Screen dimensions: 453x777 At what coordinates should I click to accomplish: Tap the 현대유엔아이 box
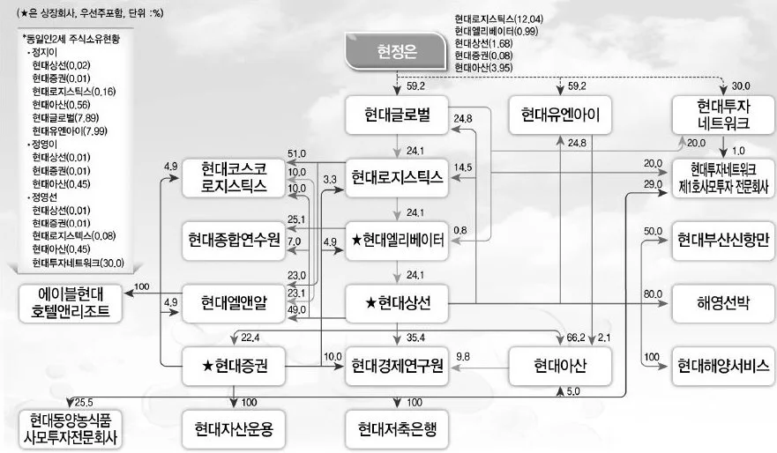[x=560, y=115]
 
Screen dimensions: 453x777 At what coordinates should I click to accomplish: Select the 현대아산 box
[x=560, y=364]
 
